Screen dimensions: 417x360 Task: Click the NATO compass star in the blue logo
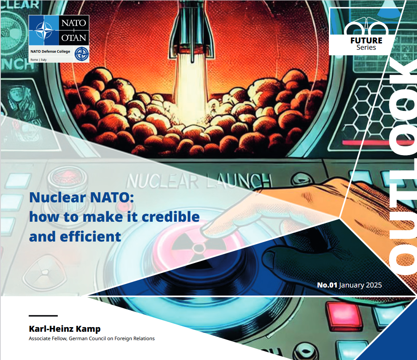point(44,30)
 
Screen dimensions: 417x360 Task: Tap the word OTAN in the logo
point(74,38)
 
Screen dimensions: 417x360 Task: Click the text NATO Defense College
point(50,51)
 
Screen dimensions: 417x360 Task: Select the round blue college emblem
point(81,54)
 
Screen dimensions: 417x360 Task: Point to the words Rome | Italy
point(38,59)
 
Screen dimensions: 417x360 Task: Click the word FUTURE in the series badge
point(366,41)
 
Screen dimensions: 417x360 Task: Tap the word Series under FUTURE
point(366,48)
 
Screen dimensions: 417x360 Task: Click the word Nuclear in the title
point(58,197)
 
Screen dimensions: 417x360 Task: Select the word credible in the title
point(170,217)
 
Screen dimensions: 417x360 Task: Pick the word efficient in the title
point(90,236)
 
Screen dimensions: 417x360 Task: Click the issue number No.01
point(327,285)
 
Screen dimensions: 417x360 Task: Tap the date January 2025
point(361,285)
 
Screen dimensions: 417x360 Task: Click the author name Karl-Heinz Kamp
point(65,329)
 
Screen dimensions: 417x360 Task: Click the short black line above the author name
point(43,316)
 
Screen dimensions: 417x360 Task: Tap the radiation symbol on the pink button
point(198,247)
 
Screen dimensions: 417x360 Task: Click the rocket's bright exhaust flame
point(189,88)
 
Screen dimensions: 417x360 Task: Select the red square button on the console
point(344,316)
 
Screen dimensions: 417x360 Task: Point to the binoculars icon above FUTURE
point(366,26)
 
